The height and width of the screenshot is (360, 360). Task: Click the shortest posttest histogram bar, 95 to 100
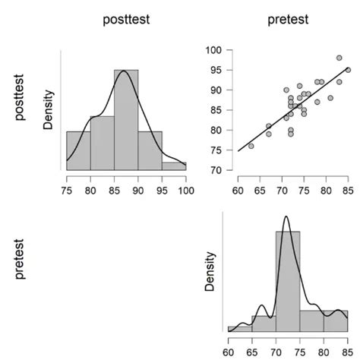tap(173, 166)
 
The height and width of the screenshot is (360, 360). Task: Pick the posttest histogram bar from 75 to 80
tap(78, 150)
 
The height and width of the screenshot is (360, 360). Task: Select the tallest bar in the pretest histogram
tap(288, 281)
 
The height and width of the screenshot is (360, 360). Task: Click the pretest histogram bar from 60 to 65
tap(240, 329)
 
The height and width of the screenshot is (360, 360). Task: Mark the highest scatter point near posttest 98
tap(339, 58)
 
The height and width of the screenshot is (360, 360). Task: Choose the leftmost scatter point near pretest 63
tap(251, 146)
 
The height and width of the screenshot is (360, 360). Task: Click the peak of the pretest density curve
tap(286, 217)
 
